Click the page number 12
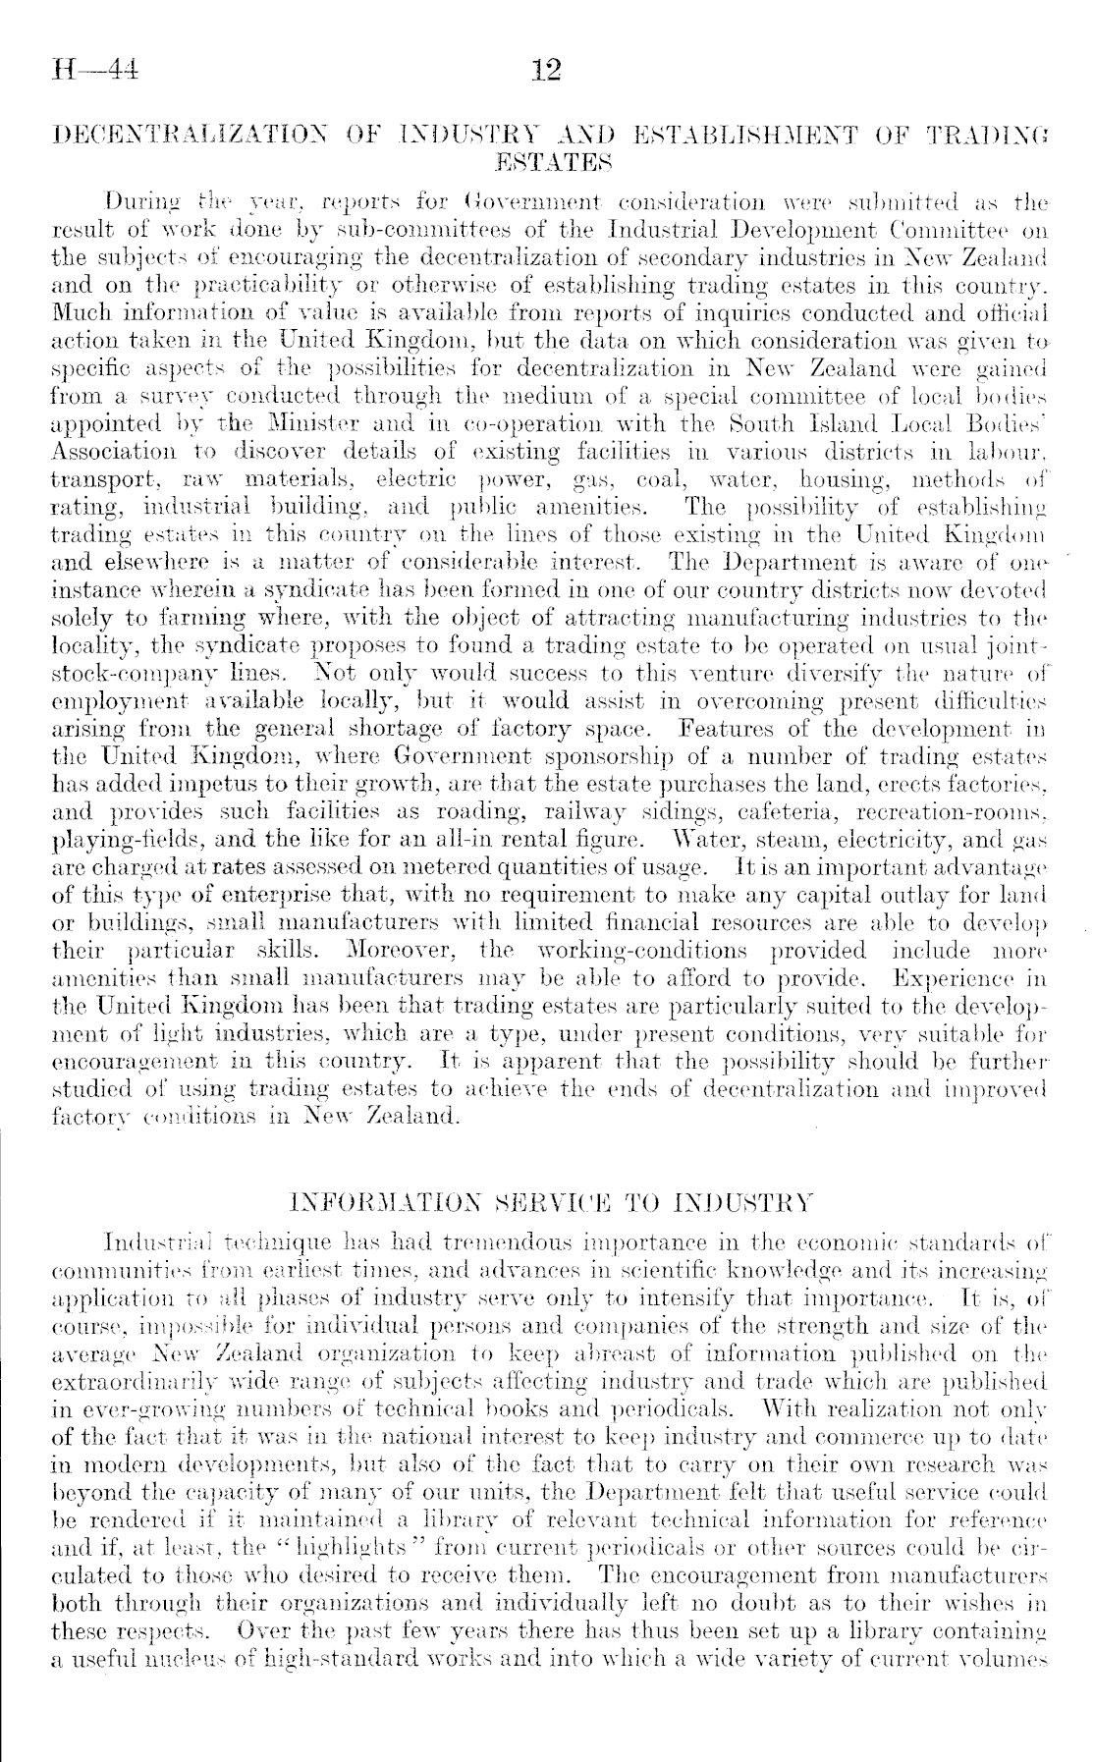point(545,70)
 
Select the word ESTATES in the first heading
point(546,158)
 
